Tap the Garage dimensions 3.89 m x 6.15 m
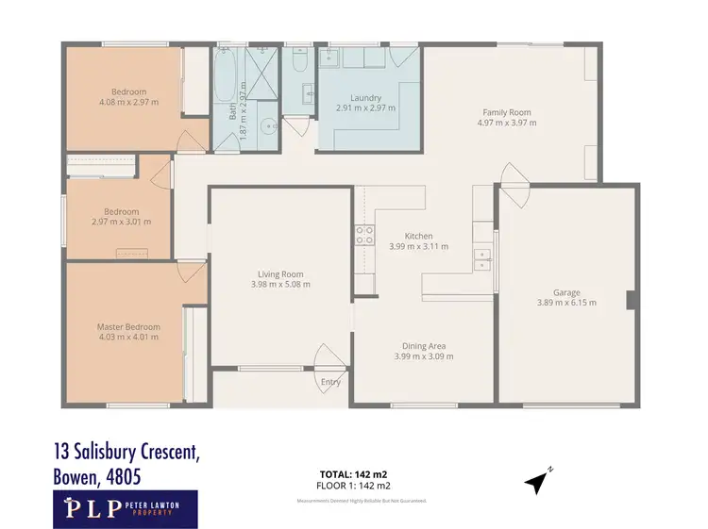click(x=566, y=303)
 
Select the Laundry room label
click(x=364, y=98)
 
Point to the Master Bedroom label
click(x=128, y=327)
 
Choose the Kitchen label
click(x=418, y=236)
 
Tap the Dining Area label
click(x=423, y=346)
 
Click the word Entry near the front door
click(x=330, y=382)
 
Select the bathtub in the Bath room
click(x=227, y=74)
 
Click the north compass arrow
click(x=538, y=481)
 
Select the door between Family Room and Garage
click(x=515, y=182)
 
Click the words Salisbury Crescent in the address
click(x=142, y=453)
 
